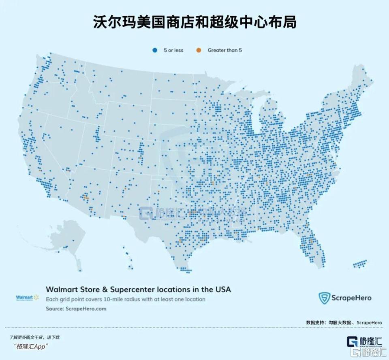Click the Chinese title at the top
point(194,22)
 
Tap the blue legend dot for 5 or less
point(154,50)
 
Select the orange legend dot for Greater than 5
point(199,50)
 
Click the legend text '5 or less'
point(173,50)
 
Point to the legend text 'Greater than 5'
point(225,50)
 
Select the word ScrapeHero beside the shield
point(351,298)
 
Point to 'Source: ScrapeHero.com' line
point(76,308)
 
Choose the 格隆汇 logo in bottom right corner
point(364,342)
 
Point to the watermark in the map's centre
point(192,213)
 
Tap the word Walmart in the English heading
point(61,290)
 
